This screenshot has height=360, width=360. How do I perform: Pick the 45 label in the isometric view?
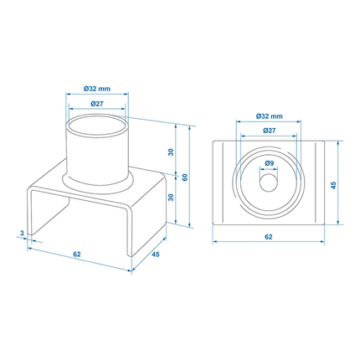click(156, 257)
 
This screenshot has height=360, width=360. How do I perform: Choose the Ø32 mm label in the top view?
click(268, 116)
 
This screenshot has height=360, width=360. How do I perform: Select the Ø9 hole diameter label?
click(268, 162)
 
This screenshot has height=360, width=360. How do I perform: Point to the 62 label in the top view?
click(268, 237)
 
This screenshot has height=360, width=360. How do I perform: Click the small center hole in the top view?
click(268, 181)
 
